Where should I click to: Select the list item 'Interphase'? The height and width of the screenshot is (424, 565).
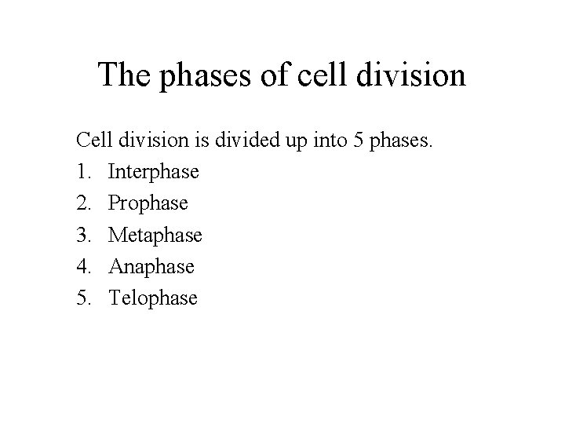154,171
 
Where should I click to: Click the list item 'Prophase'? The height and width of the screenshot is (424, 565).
148,203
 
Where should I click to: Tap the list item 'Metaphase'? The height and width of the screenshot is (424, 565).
155,235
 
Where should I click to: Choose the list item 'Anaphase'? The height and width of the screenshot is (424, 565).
151,267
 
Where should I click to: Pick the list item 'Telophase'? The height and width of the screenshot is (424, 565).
153,298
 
